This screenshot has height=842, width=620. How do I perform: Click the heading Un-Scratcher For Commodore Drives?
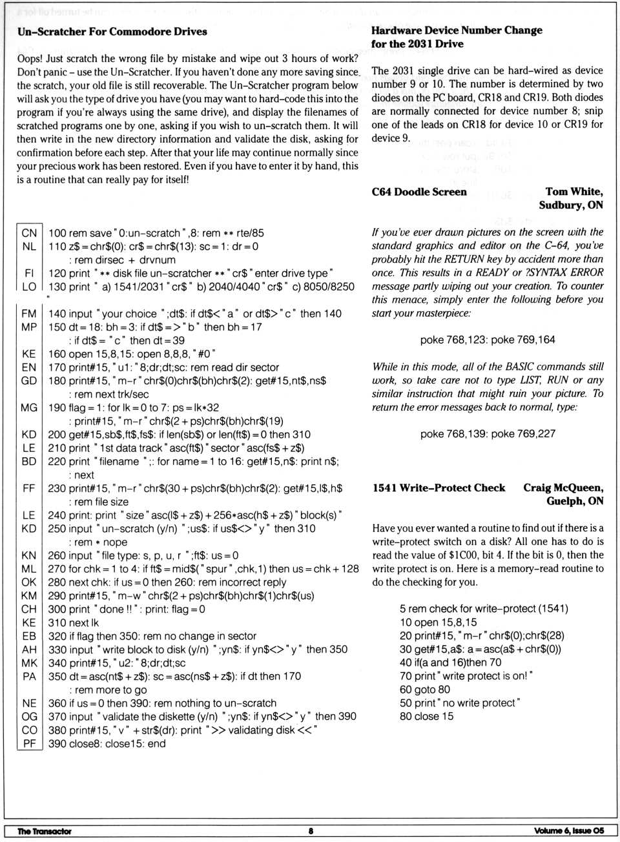pos(112,32)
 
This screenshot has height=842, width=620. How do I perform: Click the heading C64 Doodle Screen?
pos(419,192)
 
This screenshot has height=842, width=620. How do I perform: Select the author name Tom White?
pos(573,192)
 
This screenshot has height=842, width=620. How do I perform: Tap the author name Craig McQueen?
pos(563,488)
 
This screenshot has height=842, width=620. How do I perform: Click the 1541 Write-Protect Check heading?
pos(439,488)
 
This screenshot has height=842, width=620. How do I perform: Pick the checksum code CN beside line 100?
pos(29,233)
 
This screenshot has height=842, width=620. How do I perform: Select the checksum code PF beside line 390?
pos(29,744)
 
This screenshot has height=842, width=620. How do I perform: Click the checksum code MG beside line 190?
pos(29,407)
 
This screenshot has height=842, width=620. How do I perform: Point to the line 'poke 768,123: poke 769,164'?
pos(488,340)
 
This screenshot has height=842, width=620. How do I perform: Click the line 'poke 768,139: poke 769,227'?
pos(488,434)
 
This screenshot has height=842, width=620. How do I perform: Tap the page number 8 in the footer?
pos(311,831)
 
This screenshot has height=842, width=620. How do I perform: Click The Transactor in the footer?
pos(45,831)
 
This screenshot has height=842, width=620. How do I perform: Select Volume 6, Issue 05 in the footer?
pos(569,831)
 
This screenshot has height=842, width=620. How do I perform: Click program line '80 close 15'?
pos(426,716)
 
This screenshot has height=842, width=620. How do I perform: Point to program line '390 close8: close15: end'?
pos(107,744)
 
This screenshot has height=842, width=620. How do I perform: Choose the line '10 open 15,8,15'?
pos(438,622)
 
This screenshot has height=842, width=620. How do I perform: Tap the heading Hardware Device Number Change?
pos(457,30)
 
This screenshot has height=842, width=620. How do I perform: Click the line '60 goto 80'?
pos(424,690)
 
